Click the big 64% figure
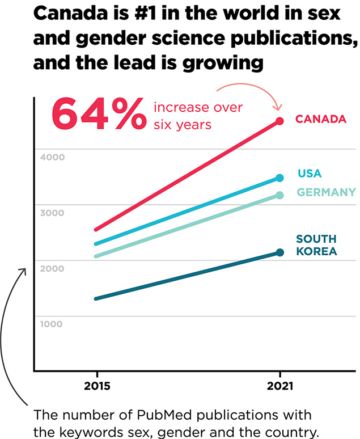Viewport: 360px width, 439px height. click(x=98, y=114)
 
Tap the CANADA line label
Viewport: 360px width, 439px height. click(x=320, y=119)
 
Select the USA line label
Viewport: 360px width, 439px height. click(x=309, y=174)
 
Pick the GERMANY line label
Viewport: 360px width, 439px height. click(x=327, y=192)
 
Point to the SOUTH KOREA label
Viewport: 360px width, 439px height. click(x=316, y=245)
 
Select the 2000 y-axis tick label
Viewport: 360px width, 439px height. click(x=52, y=268)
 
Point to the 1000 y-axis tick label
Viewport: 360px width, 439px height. click(x=52, y=324)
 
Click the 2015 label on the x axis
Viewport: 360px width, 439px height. click(x=97, y=387)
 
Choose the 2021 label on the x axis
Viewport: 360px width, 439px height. click(x=279, y=387)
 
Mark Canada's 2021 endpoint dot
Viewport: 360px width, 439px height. click(x=279, y=121)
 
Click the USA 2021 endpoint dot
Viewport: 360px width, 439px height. click(x=279, y=178)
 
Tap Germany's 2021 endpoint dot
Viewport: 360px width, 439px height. click(x=279, y=195)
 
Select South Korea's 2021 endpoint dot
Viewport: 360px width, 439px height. click(x=279, y=252)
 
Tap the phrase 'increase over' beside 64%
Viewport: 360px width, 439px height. click(x=198, y=107)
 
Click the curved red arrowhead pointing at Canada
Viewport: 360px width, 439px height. click(x=277, y=107)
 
